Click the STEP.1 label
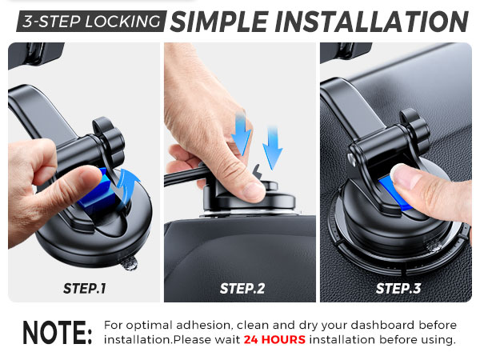(84, 288)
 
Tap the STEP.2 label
(242, 288)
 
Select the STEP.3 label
(398, 288)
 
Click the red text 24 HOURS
(274, 340)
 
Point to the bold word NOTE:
(57, 333)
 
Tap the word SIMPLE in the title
(226, 20)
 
